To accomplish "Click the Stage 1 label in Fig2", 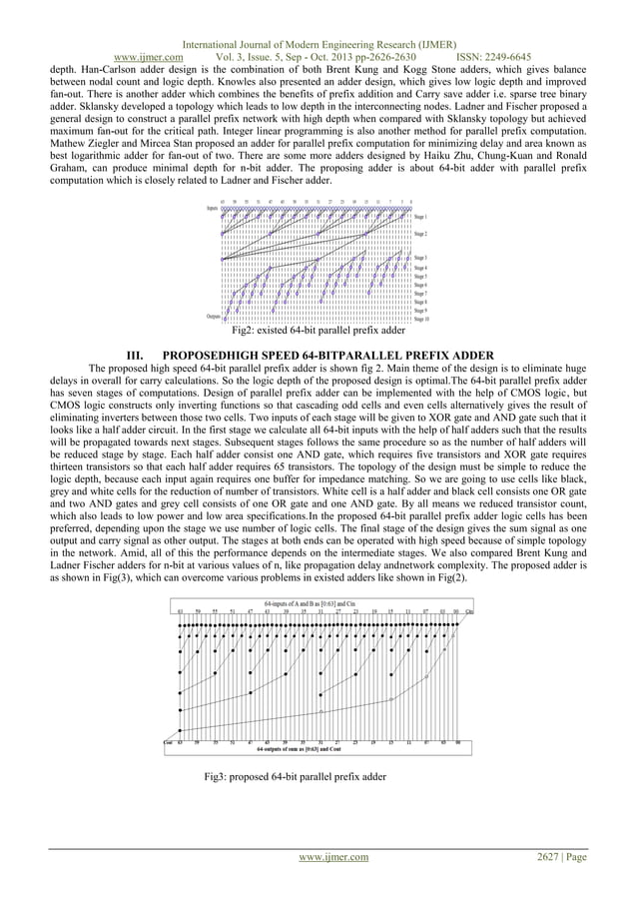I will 421,216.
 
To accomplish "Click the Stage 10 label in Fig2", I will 421,320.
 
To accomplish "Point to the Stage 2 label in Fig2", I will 421,235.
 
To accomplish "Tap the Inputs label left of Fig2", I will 213,209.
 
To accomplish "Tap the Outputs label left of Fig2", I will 213,317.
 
